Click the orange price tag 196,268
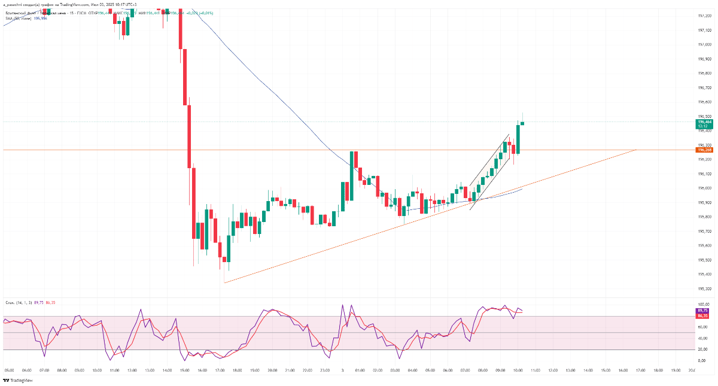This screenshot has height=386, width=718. click(x=702, y=150)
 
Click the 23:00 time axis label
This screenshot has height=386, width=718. click(x=325, y=371)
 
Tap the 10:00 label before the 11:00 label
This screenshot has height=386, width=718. click(x=518, y=371)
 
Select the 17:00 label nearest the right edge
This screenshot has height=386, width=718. click(x=641, y=371)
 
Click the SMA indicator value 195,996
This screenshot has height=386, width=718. click(x=41, y=19)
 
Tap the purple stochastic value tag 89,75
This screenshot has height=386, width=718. click(x=702, y=311)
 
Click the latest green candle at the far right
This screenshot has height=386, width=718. click(x=522, y=123)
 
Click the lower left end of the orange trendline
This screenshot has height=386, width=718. click(x=224, y=282)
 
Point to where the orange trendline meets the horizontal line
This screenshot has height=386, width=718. click(x=636, y=150)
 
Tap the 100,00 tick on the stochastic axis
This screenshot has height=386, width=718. click(x=702, y=305)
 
